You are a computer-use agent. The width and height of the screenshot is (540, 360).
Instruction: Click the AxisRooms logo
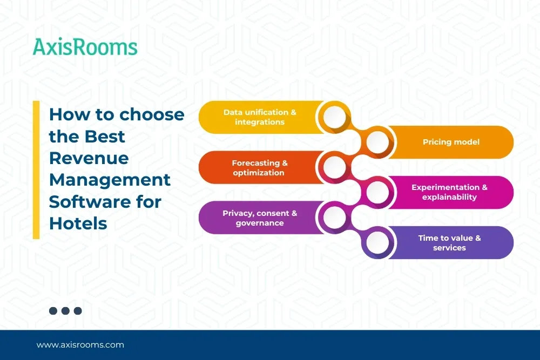pyautogui.click(x=85, y=46)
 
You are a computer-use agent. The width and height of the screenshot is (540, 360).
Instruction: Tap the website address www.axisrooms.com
pyautogui.click(x=80, y=345)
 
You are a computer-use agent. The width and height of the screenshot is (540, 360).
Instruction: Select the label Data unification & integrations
pyautogui.click(x=260, y=117)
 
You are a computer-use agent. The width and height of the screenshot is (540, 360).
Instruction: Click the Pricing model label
pyautogui.click(x=451, y=142)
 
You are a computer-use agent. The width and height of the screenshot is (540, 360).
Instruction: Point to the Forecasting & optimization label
pyautogui.click(x=259, y=168)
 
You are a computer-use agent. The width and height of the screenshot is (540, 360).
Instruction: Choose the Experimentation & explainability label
pyautogui.click(x=449, y=192)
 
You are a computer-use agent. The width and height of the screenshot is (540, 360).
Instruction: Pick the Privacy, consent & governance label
pyautogui.click(x=260, y=218)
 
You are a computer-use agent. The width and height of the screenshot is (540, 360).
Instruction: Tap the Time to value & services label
pyautogui.click(x=449, y=243)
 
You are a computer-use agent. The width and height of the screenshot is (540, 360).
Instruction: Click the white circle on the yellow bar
pyautogui.click(x=334, y=117)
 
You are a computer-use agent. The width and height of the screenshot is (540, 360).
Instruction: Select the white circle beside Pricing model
pyautogui.click(x=377, y=142)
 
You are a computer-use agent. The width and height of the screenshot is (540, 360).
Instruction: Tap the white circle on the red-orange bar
pyautogui.click(x=334, y=167)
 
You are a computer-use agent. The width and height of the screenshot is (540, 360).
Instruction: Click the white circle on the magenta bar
pyautogui.click(x=377, y=192)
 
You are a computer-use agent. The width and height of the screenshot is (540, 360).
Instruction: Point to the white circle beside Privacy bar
pyautogui.click(x=334, y=218)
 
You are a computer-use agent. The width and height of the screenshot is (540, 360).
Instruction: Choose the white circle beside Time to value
pyautogui.click(x=377, y=243)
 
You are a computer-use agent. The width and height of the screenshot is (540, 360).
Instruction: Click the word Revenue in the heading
pyautogui.click(x=89, y=158)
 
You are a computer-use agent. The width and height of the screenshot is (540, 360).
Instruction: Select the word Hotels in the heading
pyautogui.click(x=78, y=223)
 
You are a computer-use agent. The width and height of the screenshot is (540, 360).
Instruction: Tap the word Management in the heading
pyautogui.click(x=110, y=180)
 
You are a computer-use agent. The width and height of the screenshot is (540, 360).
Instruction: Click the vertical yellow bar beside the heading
pyautogui.click(x=36, y=169)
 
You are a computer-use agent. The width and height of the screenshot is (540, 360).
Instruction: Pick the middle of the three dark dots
pyautogui.click(x=65, y=311)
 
